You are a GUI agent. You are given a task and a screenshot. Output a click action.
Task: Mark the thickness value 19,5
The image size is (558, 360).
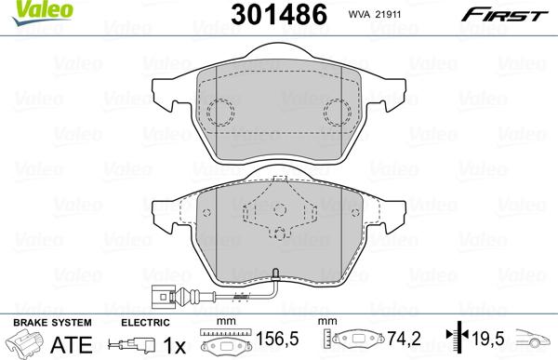[x=484, y=340]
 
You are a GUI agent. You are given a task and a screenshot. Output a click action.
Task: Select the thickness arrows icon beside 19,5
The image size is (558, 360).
[x=453, y=340]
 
